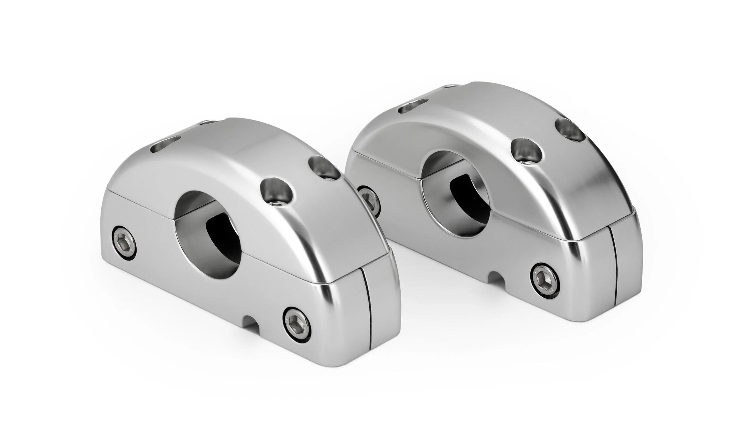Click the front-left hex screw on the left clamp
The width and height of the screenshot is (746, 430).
coord(125,243)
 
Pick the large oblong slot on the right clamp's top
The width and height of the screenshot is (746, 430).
coord(412,106)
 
